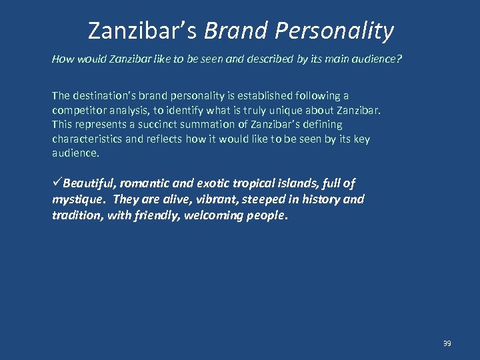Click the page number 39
447,343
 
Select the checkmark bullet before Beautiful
57,183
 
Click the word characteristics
85,139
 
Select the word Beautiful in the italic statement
89,183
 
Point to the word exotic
213,183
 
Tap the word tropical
255,183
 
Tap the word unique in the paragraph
294,110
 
